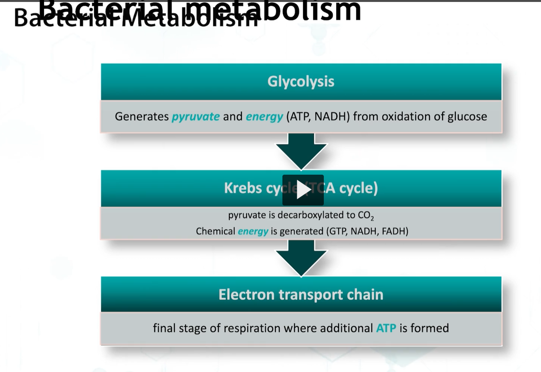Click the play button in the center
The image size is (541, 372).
coord(303,190)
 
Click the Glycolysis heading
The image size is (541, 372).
coord(301,81)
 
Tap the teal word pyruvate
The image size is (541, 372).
coord(196,116)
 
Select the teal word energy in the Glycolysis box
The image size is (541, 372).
coord(264,116)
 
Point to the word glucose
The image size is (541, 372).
coord(467,116)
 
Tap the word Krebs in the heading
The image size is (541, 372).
coord(243,188)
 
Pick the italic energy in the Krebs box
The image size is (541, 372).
coord(253,231)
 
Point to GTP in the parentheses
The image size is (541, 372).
coord(338,231)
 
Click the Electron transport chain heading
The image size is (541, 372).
coord(301,295)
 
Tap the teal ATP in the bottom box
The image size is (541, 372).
coord(386,328)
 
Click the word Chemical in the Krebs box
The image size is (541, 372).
coord(215,231)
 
